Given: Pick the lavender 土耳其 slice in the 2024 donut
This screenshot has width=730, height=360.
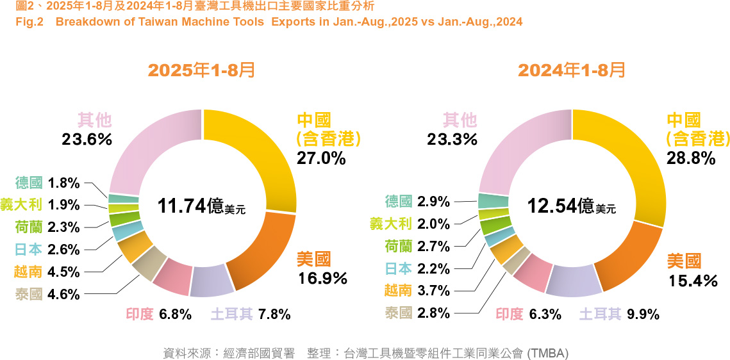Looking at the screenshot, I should tap(572, 281).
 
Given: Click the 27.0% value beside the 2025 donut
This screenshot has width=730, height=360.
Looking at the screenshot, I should tap(321, 158).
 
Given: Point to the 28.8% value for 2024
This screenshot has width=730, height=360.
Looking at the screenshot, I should tap(690, 158).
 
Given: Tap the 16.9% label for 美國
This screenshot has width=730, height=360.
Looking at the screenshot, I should tap(322, 279).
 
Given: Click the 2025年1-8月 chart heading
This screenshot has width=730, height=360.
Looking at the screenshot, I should tap(201, 70).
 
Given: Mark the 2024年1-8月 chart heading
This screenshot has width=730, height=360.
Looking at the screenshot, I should tap(572, 70).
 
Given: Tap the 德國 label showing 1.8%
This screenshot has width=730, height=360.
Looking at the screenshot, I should tap(29, 183).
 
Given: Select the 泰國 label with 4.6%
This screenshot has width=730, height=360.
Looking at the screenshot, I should tap(29, 295).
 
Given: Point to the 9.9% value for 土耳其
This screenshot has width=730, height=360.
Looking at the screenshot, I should tap(643, 314).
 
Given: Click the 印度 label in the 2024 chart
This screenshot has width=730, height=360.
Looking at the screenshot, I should tap(510, 314).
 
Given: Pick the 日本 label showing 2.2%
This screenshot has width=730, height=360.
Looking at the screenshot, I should tap(399, 268).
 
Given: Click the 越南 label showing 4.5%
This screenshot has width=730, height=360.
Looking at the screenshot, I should tap(29, 272).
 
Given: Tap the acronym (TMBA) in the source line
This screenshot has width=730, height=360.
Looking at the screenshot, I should tap(547, 353).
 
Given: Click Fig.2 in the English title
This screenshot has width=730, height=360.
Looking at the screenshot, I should tap(28, 22).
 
